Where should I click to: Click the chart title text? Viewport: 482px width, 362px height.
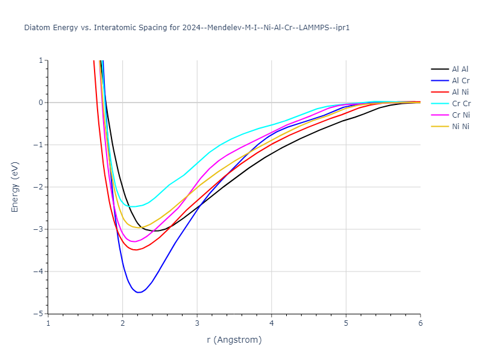coord(187,28)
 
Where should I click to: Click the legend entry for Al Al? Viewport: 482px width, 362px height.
coord(460,69)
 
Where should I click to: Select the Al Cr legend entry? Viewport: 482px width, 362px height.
coord(460,81)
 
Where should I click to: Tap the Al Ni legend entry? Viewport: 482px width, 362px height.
coord(460,92)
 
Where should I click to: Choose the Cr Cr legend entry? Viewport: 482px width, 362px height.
coord(460,104)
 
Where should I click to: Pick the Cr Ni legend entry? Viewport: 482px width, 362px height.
coord(460,115)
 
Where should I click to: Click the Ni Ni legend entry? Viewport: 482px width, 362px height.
coord(460,127)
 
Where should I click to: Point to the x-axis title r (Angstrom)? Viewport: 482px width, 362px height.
coord(234,340)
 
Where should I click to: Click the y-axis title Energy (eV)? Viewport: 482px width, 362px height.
coord(16,186)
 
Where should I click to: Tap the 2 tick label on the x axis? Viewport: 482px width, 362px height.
coord(123,323)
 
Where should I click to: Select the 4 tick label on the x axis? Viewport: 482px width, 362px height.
coord(272,323)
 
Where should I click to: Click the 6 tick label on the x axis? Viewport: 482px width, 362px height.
coord(421,323)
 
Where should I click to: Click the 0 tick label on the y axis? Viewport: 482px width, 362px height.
coord(41,103)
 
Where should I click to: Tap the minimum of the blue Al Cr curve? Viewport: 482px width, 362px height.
coord(139,293)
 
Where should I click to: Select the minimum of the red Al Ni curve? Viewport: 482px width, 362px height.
coord(136,250)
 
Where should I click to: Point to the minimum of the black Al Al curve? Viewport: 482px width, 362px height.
coord(155,231)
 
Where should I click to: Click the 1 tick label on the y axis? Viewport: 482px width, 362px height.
coord(41,60)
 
